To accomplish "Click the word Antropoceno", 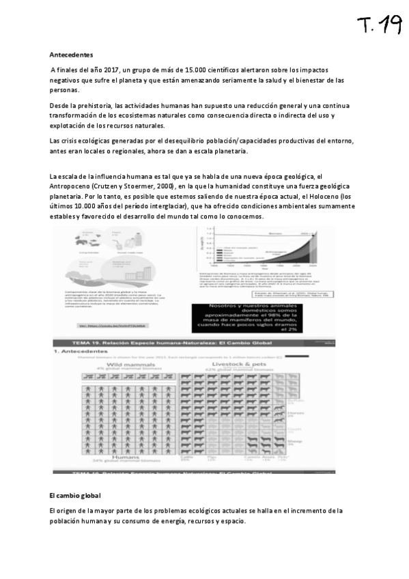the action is [72, 186].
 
